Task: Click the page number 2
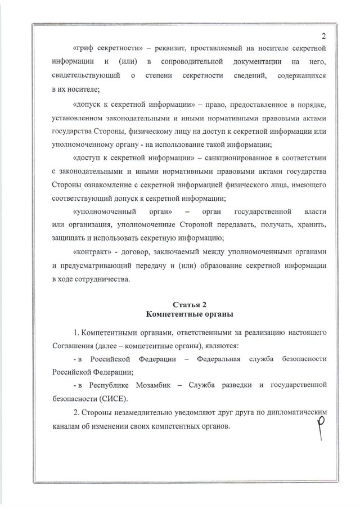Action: point(325,36)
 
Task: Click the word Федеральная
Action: point(219,359)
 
